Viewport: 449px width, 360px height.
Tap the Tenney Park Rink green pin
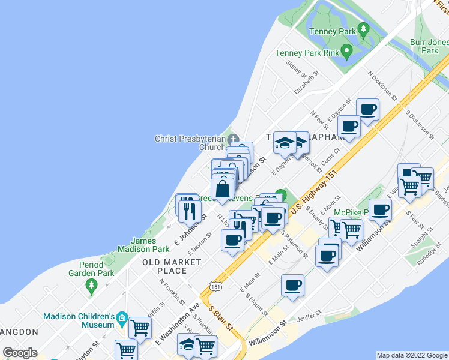tap(346, 51)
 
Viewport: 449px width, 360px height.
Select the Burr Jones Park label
tap(429, 47)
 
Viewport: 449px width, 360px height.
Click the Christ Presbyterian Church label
tap(190, 143)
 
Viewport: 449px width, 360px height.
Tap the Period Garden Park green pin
tap(91, 284)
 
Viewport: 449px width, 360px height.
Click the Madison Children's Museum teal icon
tap(122, 317)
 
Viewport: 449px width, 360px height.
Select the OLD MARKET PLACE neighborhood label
tap(172, 266)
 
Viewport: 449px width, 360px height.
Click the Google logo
tap(20, 353)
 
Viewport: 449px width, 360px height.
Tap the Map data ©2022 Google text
tap(412, 355)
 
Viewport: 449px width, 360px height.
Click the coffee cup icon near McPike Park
tap(380, 210)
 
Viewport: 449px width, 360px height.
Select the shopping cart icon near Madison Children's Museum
tap(140, 328)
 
